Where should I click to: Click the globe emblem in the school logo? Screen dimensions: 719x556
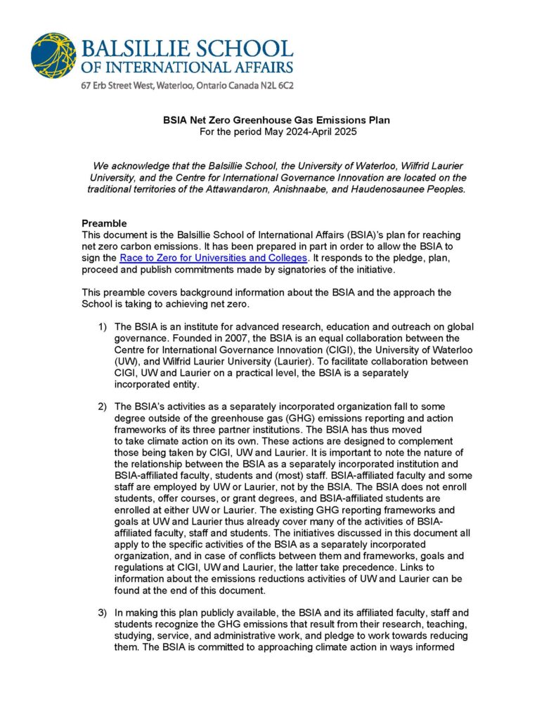[53, 55]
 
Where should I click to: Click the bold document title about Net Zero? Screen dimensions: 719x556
[277, 120]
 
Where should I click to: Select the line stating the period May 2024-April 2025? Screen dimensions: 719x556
[277, 131]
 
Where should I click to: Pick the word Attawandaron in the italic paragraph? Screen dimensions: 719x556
[240, 190]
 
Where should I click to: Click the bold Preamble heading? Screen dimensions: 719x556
[104, 223]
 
